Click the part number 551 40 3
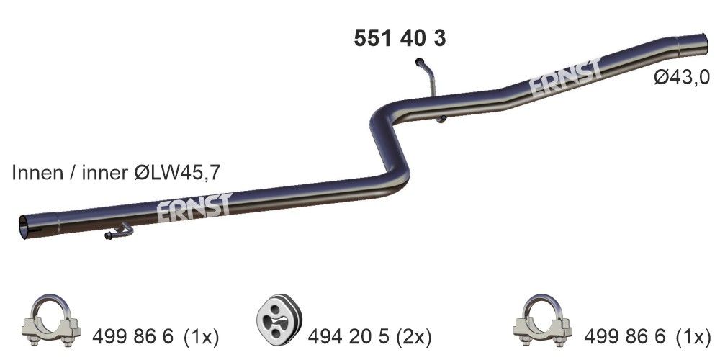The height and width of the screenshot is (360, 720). coord(400,38)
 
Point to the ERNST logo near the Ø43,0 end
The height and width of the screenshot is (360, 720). coord(565,81)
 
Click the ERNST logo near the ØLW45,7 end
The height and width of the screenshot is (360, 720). coord(192,207)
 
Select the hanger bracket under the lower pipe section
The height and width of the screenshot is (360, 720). coord(120,233)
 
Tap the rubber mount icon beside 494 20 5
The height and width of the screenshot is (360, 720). coord(277,319)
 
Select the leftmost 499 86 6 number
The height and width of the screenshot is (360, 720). coord(133,336)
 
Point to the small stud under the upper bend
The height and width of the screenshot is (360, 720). coord(442,119)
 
